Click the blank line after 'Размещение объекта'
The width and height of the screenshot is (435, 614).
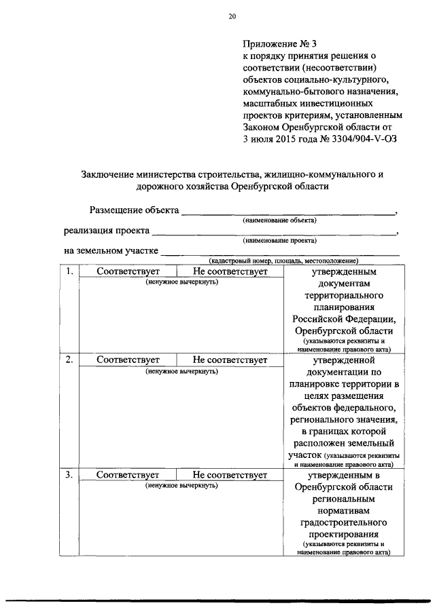coord(288,212)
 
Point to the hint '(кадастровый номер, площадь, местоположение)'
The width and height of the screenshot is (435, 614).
coord(283,261)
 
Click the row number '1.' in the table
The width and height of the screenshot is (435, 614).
coord(69,271)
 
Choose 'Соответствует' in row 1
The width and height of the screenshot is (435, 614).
coord(128,271)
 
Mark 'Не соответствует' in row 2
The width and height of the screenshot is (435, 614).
coord(230,360)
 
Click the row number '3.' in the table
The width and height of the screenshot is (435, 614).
coord(69,475)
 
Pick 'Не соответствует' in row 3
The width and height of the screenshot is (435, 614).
coord(230,475)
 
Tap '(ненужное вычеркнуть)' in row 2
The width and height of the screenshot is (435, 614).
coord(181,371)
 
